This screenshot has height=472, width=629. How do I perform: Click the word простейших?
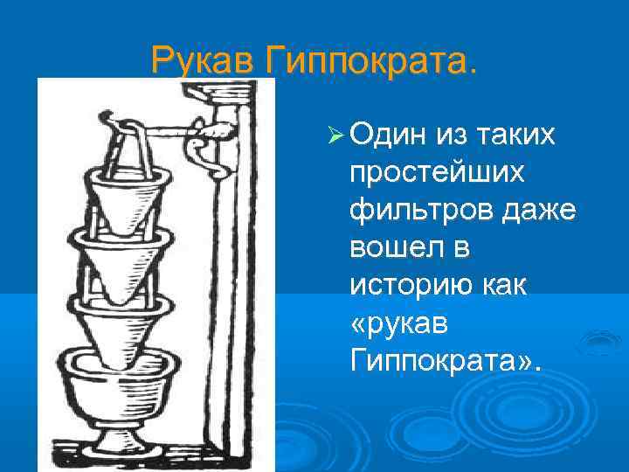(x=437, y=173)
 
